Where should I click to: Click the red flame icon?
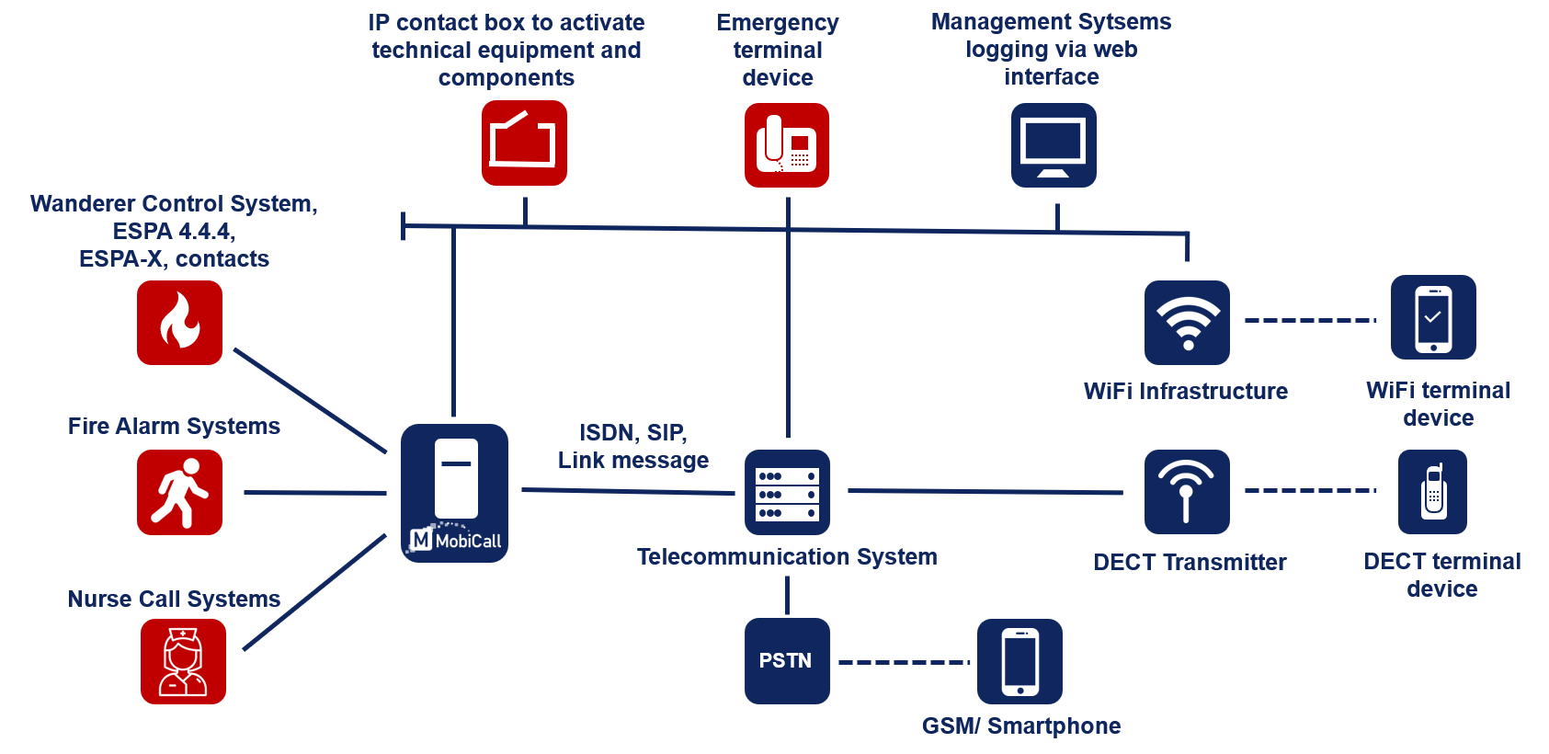[x=179, y=323]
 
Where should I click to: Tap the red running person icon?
[x=179, y=492]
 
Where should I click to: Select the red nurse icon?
[x=183, y=661]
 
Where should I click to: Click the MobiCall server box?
[x=454, y=493]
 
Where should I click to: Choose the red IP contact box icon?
[x=524, y=143]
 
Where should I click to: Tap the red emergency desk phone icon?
[x=787, y=144]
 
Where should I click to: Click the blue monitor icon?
[x=1054, y=145]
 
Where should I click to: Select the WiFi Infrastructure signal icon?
[x=1187, y=323]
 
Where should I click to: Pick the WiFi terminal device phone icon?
[x=1433, y=317]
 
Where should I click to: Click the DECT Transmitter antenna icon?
[x=1187, y=492]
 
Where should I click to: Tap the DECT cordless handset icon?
[x=1432, y=492]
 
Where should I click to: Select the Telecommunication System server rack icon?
[x=787, y=493]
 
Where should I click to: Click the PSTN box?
[x=787, y=661]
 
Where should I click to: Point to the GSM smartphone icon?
[x=1019, y=661]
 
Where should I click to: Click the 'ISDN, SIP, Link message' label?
[x=632, y=446]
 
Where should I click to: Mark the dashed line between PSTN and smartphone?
[x=904, y=662]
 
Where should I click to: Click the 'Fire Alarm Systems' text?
[x=174, y=426]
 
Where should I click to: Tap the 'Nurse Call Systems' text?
[x=174, y=599]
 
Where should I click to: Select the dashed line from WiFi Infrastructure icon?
[x=1310, y=320]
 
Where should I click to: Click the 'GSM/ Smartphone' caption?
[x=1020, y=725]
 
